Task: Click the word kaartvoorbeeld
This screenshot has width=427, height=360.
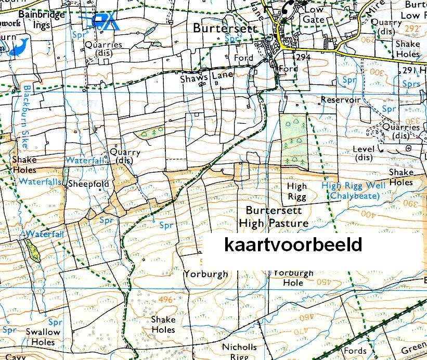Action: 293,245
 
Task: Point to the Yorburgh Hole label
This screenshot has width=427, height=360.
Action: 293,278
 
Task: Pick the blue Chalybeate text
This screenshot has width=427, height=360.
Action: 354,195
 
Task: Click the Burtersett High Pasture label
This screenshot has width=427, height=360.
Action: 274,217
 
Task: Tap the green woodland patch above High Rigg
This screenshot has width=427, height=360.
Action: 293,140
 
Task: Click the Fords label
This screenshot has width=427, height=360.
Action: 355,351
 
